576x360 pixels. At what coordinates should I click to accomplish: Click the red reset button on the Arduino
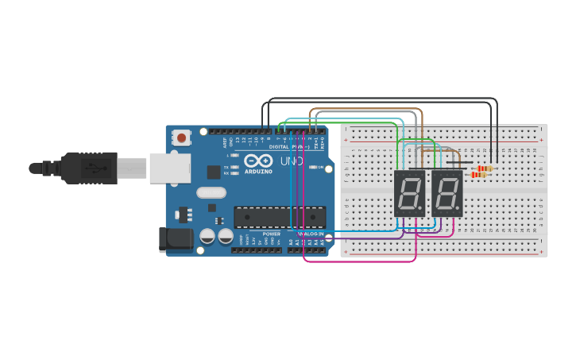point(182,137)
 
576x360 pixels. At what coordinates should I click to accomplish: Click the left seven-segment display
point(409,193)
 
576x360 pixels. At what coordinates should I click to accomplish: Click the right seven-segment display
point(447,193)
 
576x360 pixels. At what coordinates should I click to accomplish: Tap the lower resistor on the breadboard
point(478,175)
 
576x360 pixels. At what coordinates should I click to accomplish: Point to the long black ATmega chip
point(280,217)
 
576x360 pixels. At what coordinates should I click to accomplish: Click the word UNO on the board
point(288,163)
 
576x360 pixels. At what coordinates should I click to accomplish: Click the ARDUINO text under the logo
point(258,172)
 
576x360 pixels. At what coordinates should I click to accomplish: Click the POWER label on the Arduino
point(272,234)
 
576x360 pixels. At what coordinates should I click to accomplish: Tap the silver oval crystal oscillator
point(211,192)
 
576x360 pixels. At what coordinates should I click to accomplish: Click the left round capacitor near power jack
point(207,236)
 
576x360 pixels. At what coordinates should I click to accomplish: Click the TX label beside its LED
point(227,167)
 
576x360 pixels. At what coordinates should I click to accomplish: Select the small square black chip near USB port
point(214,172)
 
